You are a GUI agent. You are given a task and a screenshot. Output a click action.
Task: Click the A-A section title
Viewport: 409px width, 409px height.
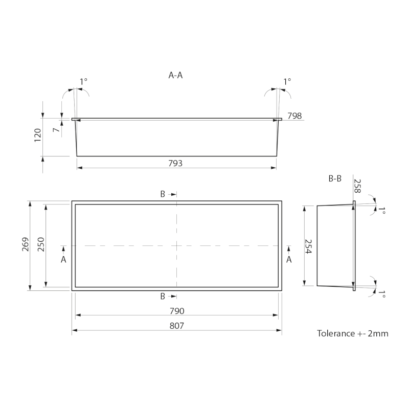(175, 75)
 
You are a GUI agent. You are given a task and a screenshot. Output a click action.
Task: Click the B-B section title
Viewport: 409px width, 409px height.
(334, 179)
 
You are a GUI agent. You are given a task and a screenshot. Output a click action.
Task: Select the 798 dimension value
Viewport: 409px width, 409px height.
(294, 116)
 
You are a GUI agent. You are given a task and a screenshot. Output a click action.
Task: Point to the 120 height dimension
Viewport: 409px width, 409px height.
(38, 136)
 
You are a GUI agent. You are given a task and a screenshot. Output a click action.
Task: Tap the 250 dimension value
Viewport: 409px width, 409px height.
(41, 246)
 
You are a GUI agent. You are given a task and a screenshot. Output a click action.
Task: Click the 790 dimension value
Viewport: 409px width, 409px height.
(176, 311)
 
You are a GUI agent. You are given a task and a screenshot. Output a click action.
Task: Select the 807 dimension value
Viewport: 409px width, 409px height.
(176, 326)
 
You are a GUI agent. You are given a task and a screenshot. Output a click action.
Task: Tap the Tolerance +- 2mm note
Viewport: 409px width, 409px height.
(353, 334)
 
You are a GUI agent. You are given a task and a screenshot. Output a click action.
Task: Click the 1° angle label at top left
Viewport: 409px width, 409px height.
(83, 81)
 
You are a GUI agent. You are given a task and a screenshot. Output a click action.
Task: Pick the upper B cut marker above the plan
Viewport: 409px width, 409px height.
(163, 194)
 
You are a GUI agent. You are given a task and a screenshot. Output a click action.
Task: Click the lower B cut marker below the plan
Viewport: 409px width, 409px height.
(163, 296)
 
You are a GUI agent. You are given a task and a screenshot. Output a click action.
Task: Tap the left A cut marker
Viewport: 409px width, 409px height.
(63, 259)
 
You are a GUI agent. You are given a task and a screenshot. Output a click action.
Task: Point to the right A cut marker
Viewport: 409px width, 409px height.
(289, 259)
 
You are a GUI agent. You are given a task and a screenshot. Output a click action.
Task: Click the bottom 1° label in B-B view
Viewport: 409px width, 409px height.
(381, 294)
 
